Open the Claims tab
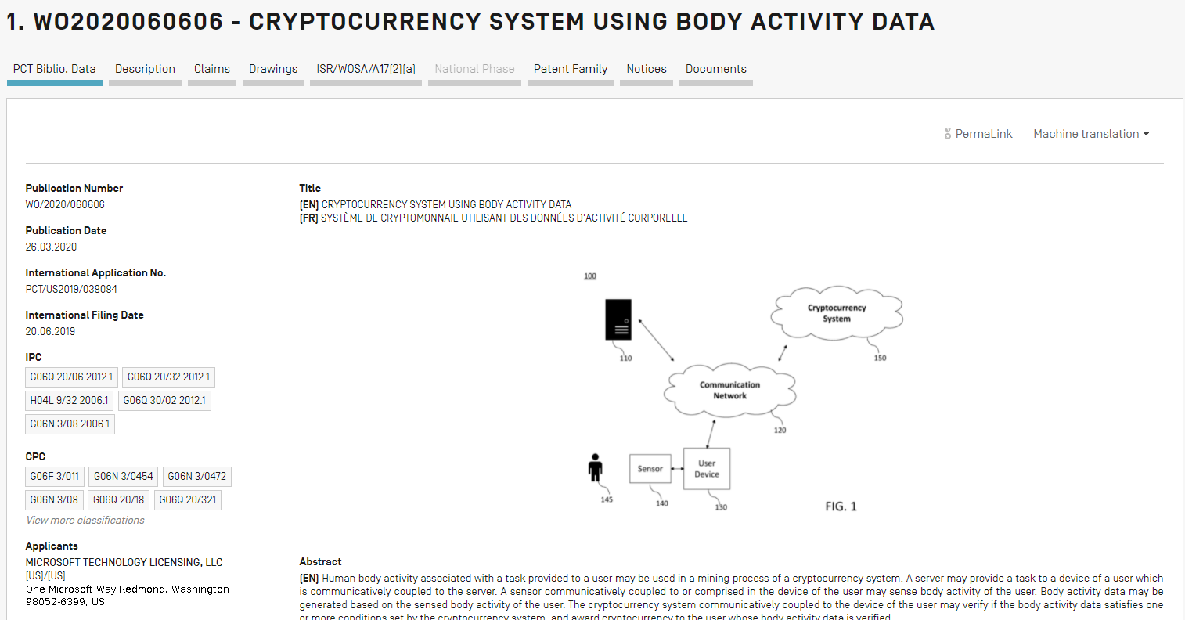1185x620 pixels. [x=212, y=69]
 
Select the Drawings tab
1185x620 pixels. [x=273, y=69]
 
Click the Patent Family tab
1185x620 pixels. [x=571, y=69]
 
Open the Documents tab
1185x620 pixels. [x=715, y=69]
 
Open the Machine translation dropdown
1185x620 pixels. [x=1091, y=134]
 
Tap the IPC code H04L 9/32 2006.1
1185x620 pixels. [x=70, y=400]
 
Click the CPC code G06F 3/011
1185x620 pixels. [x=55, y=476]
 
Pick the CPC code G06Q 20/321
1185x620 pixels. [x=188, y=499]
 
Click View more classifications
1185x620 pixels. [x=85, y=520]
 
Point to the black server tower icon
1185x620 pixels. [x=618, y=319]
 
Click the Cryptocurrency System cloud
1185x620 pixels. [x=837, y=313]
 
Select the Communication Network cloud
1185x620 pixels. [x=729, y=390]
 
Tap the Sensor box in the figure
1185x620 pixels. [x=650, y=469]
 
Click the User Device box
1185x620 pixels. [x=707, y=469]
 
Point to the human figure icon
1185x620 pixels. [x=596, y=468]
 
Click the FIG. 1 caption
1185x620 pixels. [x=841, y=506]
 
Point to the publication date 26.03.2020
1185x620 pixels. [x=51, y=247]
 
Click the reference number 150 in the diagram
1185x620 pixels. [x=880, y=358]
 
